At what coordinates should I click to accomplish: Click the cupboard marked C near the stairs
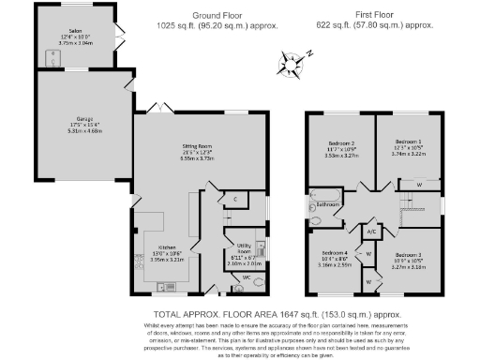click(x=236, y=200)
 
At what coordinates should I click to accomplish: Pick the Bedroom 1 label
click(x=410, y=148)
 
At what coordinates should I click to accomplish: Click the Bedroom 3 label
click(x=408, y=254)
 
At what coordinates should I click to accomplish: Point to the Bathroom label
click(x=327, y=203)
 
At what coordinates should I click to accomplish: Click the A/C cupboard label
click(x=371, y=231)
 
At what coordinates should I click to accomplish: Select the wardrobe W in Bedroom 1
click(x=418, y=184)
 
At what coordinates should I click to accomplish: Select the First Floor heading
click(x=374, y=16)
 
